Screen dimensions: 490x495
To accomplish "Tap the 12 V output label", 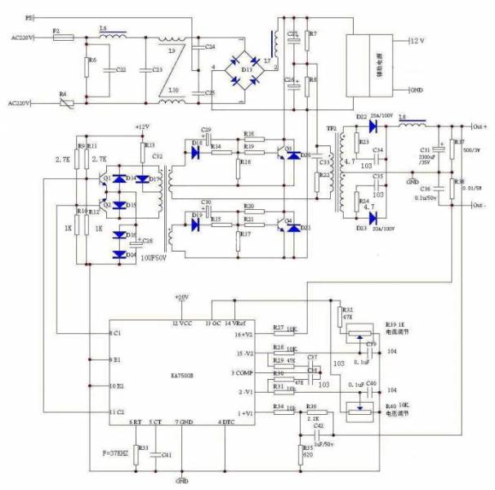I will pyautogui.click(x=417, y=40).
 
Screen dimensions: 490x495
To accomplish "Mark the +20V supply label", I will pyautogui.click(x=181, y=296).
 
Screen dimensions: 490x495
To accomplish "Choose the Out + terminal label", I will pyautogui.click(x=480, y=127).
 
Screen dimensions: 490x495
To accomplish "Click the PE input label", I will pyautogui.click(x=29, y=16).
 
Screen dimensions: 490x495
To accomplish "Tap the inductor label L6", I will pyautogui.click(x=104, y=29).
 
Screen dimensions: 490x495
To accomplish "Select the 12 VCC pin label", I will pyautogui.click(x=181, y=324).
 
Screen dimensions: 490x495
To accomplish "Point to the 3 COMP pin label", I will pyautogui.click(x=243, y=372).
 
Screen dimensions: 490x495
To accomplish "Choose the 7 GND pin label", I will pyautogui.click(x=184, y=422).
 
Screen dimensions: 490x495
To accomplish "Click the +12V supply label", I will pyautogui.click(x=144, y=127).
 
